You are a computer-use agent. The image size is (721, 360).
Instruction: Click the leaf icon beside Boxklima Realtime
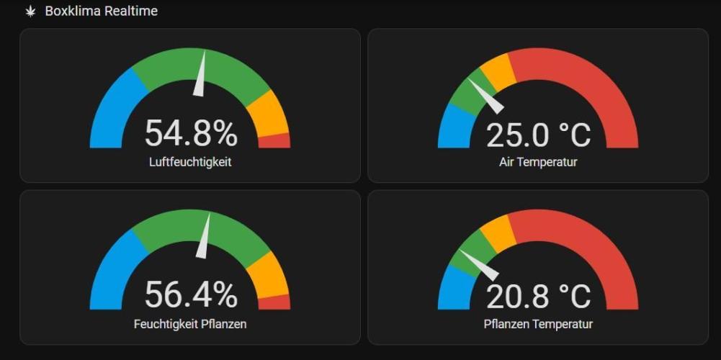pos(31,12)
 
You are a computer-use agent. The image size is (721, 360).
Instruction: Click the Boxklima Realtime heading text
pos(101,12)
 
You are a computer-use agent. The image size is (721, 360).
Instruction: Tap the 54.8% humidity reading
pos(191,133)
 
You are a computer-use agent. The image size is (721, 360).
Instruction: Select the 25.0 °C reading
pos(538,135)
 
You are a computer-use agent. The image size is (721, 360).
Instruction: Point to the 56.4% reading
pos(191,294)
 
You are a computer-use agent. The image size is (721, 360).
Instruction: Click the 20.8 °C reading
pos(538,296)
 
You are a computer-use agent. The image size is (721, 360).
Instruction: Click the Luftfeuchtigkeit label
pos(190,162)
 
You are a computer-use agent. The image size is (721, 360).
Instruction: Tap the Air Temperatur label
pos(538,162)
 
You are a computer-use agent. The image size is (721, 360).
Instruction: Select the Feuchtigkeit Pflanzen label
pos(190,324)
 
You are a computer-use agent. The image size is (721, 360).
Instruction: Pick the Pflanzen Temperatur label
pos(538,324)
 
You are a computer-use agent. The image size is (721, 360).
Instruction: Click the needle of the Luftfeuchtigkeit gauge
pos(200,76)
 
